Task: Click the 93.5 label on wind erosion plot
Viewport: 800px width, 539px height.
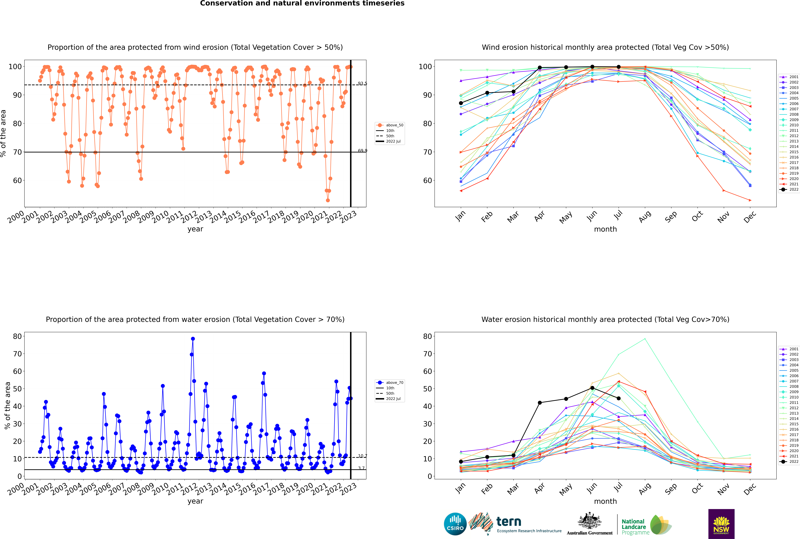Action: point(362,84)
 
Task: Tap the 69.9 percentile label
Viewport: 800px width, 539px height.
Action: point(362,151)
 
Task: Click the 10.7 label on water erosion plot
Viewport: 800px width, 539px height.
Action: point(362,456)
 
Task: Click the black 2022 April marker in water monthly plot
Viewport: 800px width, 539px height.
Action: point(540,403)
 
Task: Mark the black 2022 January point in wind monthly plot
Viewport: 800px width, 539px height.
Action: point(461,103)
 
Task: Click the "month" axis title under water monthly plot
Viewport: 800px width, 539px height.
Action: point(605,501)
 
